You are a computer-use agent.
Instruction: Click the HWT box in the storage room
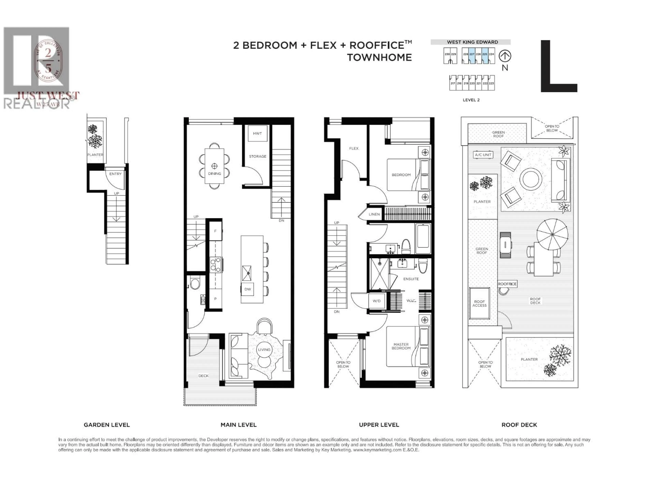(257, 133)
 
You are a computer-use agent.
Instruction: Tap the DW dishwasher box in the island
(248, 289)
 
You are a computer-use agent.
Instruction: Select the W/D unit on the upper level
(377, 301)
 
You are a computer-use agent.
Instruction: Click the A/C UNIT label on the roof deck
(483, 155)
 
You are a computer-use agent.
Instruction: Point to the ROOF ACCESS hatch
(479, 303)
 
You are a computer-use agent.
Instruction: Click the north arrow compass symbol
(505, 56)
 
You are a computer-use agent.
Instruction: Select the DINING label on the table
(214, 174)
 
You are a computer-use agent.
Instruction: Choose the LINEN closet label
(374, 214)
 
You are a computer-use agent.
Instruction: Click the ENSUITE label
(411, 279)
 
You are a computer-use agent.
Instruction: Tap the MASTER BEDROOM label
(401, 346)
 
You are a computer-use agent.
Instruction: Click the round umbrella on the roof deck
(552, 234)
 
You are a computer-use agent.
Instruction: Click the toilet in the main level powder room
(195, 284)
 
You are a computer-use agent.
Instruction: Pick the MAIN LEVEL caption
(238, 425)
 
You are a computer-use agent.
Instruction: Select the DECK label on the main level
(203, 376)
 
